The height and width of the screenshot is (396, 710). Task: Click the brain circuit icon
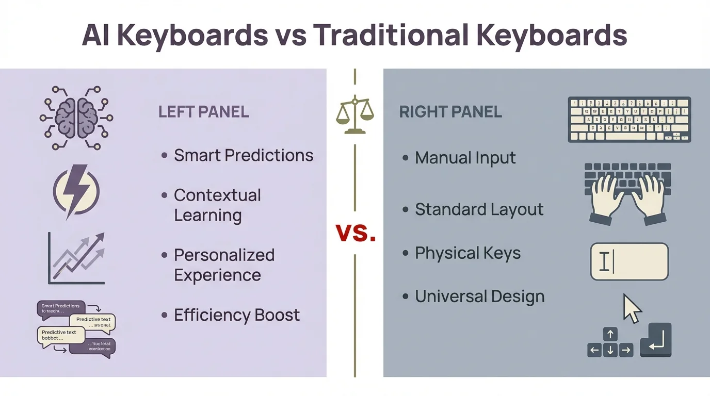click(x=76, y=118)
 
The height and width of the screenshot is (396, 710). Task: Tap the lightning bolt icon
click(x=76, y=191)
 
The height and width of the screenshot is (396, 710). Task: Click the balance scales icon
click(x=354, y=114)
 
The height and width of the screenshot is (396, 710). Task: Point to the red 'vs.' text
click(x=356, y=233)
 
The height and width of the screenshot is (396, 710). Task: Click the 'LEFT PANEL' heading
click(x=203, y=112)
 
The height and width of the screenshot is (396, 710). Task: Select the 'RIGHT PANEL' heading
click(x=450, y=112)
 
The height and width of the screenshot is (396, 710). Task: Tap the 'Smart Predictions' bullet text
click(x=244, y=155)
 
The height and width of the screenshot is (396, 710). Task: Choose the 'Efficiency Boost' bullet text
click(x=237, y=315)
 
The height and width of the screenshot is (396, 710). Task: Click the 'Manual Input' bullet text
click(x=465, y=158)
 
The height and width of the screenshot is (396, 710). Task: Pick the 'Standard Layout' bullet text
click(x=479, y=209)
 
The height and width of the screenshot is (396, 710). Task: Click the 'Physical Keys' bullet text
click(x=467, y=253)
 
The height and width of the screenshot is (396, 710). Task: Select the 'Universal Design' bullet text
click(x=479, y=296)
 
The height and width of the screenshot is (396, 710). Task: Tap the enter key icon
click(x=655, y=340)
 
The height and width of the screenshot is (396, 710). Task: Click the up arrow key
click(x=610, y=334)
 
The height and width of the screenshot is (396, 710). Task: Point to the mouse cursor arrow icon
click(x=632, y=308)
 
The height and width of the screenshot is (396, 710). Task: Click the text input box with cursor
click(x=629, y=261)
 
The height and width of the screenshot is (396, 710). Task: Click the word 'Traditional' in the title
click(x=391, y=35)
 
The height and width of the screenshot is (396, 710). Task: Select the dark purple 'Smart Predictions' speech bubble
click(x=60, y=308)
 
